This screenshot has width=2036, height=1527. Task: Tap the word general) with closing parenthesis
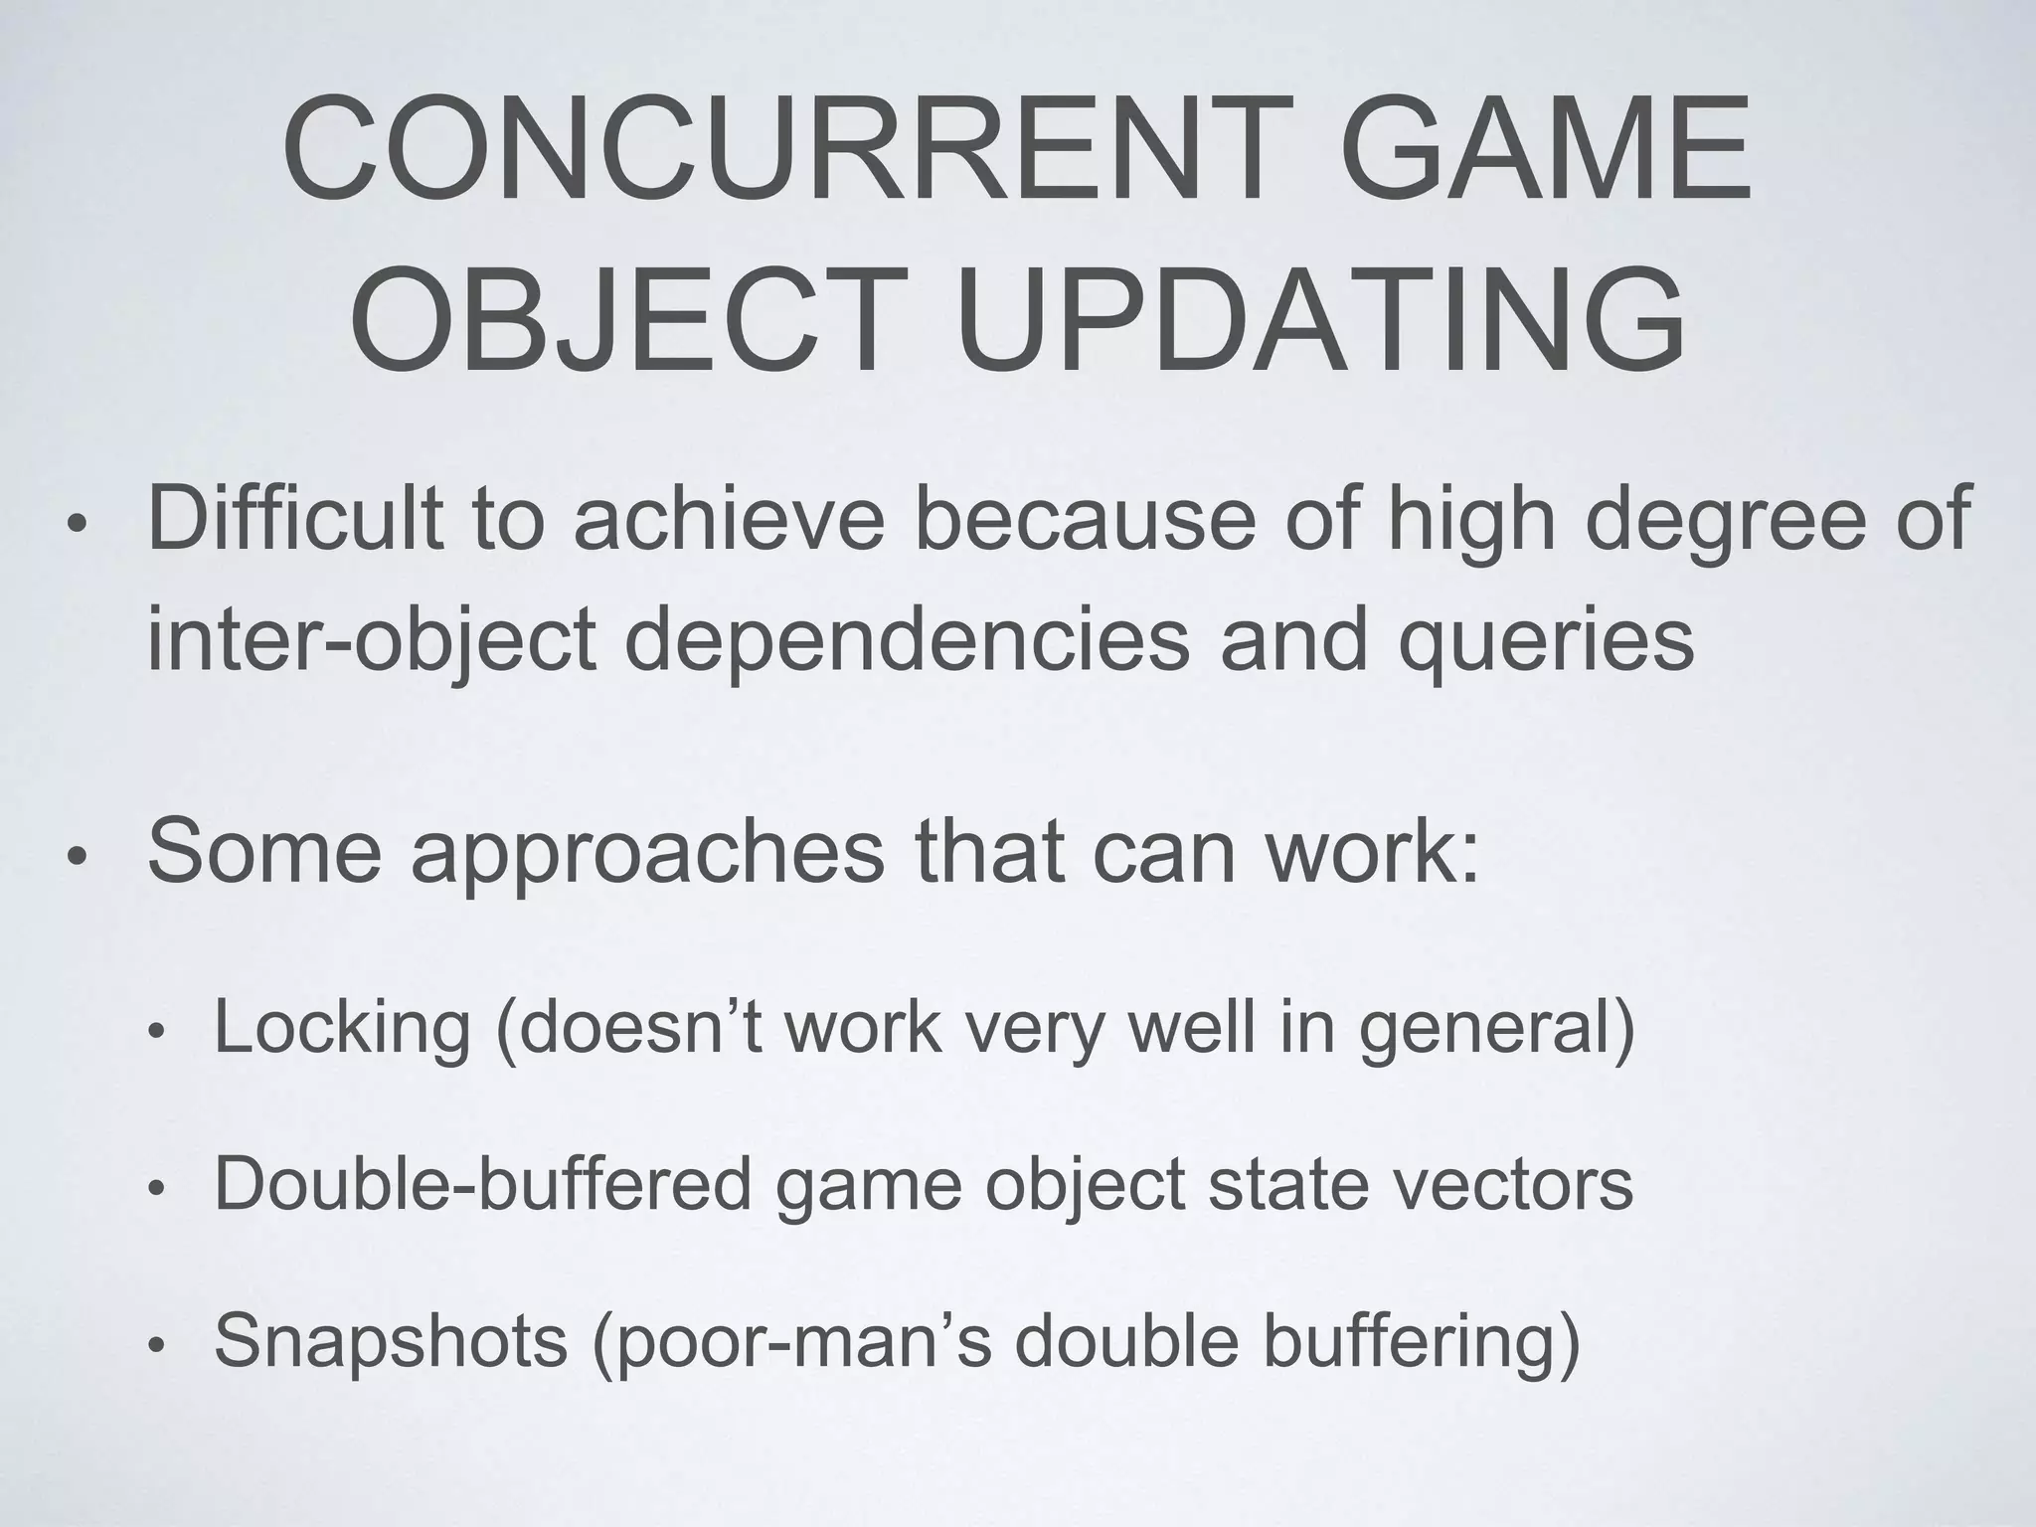tap(1497, 1030)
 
